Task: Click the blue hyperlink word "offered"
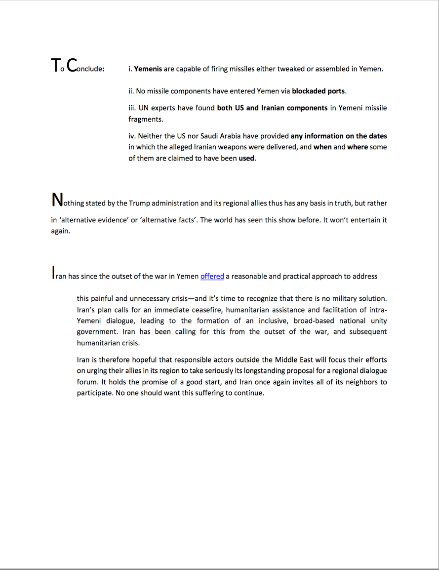click(212, 277)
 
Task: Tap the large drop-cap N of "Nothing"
click(57, 200)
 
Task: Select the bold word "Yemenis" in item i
click(148, 69)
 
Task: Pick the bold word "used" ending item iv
click(247, 159)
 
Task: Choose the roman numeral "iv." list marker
click(132, 136)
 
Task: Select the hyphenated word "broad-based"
click(311, 321)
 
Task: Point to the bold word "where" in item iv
click(358, 147)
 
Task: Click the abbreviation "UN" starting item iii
click(144, 108)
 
